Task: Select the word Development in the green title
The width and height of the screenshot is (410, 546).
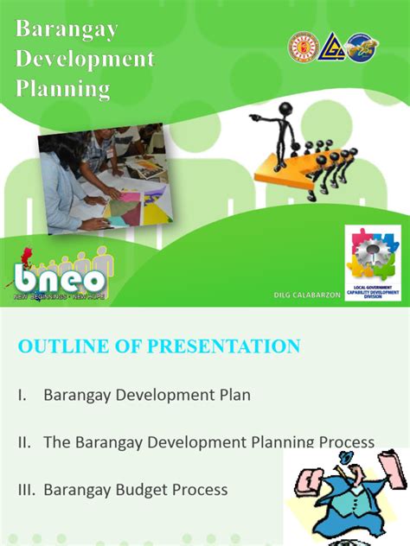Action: tap(85, 59)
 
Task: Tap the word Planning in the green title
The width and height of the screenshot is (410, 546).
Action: tap(64, 88)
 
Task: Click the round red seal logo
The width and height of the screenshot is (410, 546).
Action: tap(303, 48)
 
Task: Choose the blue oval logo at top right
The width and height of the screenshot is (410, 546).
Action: tap(361, 48)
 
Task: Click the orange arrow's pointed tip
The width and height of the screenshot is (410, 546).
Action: tap(259, 168)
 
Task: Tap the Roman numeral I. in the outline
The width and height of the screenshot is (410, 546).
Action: tap(22, 395)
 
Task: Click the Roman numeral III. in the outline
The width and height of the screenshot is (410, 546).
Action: tap(26, 490)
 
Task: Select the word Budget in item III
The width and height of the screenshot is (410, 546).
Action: tap(144, 490)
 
